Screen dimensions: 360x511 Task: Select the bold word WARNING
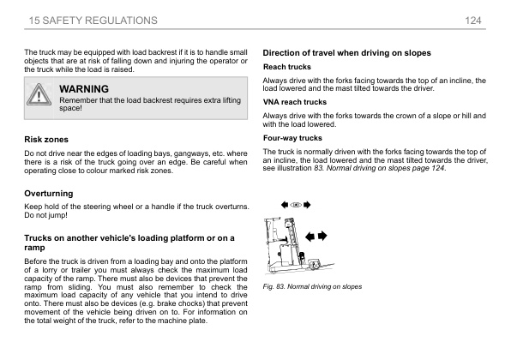tap(84, 89)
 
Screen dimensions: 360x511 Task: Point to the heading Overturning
tap(48, 194)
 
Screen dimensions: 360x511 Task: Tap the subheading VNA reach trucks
tap(294, 102)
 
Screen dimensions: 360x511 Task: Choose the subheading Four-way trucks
tap(292, 137)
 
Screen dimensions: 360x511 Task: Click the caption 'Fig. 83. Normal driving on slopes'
tap(312, 285)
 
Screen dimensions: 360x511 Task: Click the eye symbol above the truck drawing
tap(296, 206)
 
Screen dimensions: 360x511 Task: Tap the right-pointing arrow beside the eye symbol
tap(307, 206)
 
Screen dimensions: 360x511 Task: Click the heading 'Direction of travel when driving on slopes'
tap(346, 53)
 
